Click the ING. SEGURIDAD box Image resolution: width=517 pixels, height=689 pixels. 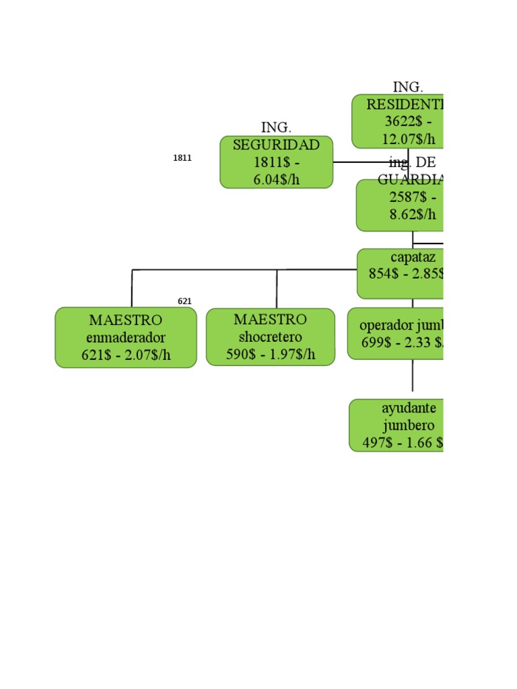[276, 161]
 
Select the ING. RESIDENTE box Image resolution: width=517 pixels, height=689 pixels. [398, 122]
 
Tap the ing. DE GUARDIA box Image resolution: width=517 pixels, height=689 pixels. [401, 206]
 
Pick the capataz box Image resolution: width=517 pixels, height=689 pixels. [401, 274]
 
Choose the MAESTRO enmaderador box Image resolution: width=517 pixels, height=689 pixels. [126, 338]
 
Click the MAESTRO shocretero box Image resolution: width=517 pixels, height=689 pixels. [270, 337]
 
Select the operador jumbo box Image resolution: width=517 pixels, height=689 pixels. [397, 334]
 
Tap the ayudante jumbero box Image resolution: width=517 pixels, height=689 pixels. [397, 425]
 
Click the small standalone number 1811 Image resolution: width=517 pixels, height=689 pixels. [182, 158]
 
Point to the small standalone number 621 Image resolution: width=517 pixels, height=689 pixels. [184, 301]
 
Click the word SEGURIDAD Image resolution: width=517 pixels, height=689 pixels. [276, 145]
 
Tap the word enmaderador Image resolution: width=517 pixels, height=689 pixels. [126, 338]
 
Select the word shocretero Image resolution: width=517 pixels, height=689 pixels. [270, 336]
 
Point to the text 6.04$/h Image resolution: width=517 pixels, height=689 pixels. [276, 179]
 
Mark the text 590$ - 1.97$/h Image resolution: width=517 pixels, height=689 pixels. [270, 355]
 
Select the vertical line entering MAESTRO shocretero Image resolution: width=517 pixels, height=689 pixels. [277, 289]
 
